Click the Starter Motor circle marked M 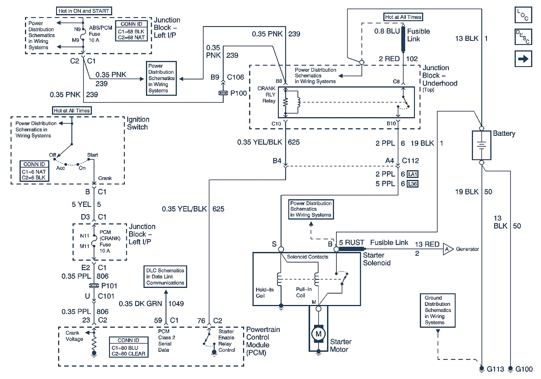[x=318, y=334]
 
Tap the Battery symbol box [x=481, y=145]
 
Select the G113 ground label [x=495, y=369]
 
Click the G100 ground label [x=524, y=369]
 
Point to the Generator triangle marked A [x=447, y=249]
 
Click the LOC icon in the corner [x=523, y=15]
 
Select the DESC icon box [x=523, y=37]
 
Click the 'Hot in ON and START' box [x=84, y=11]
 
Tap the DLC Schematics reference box [x=165, y=277]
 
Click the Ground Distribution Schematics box [x=438, y=310]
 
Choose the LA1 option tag [x=413, y=174]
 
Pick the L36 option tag [x=413, y=184]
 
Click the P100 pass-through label [x=238, y=93]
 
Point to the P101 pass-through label [x=109, y=286]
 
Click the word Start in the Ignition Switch [x=92, y=155]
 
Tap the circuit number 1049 [x=176, y=304]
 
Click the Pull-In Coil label [x=303, y=292]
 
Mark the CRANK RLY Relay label [x=267, y=95]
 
